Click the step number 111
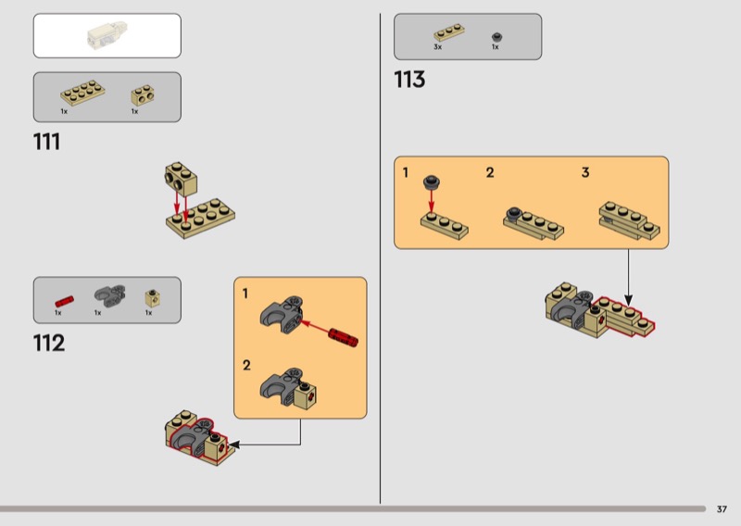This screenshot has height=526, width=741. point(47,142)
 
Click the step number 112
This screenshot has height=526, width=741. point(49,344)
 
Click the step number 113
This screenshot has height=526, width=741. point(409,80)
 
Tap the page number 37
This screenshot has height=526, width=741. point(722,509)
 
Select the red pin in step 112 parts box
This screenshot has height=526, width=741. point(64,301)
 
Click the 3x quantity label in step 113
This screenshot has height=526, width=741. point(437,47)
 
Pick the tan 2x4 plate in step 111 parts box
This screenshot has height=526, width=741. point(82,93)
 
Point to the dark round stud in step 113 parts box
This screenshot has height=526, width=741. point(496,37)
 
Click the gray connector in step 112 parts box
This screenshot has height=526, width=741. point(109,294)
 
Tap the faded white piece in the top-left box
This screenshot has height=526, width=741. point(107,35)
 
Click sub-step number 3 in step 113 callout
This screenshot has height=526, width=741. point(585,172)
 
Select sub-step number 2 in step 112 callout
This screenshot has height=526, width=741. point(246,365)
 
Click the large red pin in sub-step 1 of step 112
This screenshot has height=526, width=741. point(344,337)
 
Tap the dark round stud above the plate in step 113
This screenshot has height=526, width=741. point(432,182)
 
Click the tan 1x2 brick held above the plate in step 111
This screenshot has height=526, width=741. point(181,179)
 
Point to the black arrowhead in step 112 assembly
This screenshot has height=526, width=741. point(233,445)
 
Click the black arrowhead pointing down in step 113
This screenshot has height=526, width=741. point(628,300)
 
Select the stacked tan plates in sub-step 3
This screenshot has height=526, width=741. point(630,220)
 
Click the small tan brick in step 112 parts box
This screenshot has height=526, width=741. point(152,298)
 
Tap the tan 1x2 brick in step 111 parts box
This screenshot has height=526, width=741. point(143,95)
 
